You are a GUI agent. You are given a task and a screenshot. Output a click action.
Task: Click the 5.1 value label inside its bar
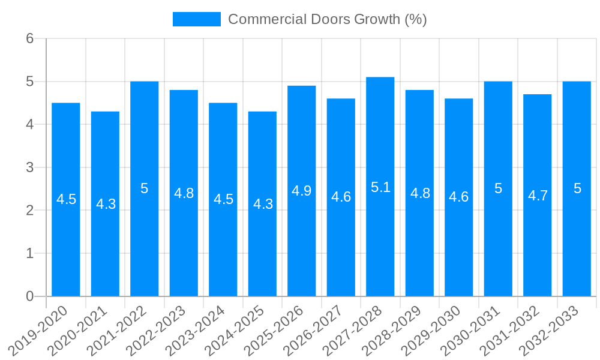click(380, 187)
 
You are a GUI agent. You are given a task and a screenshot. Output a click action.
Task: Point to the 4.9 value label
click(302, 191)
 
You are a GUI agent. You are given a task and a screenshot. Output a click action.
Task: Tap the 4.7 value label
click(538, 196)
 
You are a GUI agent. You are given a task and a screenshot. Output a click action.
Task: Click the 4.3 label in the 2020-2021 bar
click(106, 204)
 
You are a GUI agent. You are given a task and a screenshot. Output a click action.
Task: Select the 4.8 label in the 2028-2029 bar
click(420, 193)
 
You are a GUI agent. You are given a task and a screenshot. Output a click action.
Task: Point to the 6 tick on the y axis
click(29, 38)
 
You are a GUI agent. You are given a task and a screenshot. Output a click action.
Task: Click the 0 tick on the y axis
click(29, 296)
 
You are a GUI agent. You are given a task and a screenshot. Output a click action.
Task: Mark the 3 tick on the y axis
click(29, 167)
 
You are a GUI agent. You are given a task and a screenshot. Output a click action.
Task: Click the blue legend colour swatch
click(196, 19)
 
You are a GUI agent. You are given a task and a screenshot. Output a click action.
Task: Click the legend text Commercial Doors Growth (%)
click(328, 19)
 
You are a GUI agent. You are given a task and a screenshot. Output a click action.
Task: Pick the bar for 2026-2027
click(341, 240)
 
